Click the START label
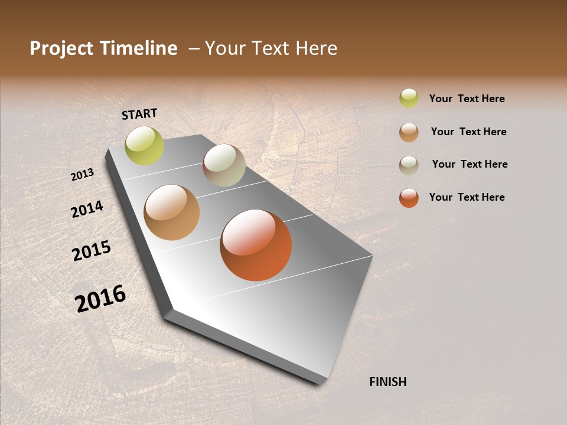click(139, 114)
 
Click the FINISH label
click(388, 382)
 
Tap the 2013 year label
click(83, 175)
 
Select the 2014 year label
click(87, 210)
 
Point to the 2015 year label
click(92, 251)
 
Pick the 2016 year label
click(100, 298)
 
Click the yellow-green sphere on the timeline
click(144, 146)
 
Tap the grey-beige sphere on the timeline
click(224, 165)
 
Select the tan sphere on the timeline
click(172, 212)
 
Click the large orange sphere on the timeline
click(256, 245)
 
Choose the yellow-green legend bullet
click(409, 98)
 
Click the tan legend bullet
click(409, 132)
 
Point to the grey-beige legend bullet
click(409, 165)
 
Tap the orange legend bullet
click(409, 198)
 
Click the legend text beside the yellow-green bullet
click(467, 99)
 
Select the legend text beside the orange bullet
click(467, 197)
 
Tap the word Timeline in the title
click(138, 48)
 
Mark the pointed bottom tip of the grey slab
click(322, 383)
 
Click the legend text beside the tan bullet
click(468, 132)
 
